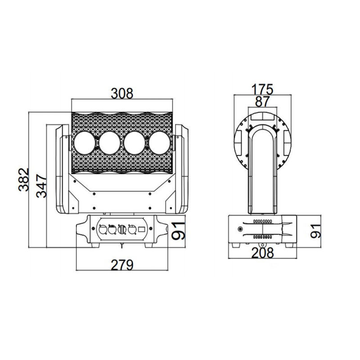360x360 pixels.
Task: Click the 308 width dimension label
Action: tap(122, 94)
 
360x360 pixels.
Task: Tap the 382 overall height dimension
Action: tap(24, 180)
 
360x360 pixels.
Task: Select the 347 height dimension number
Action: tap(41, 186)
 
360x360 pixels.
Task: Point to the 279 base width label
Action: tap(122, 265)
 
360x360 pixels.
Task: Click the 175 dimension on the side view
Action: tap(262, 89)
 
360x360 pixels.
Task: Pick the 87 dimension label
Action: tap(262, 102)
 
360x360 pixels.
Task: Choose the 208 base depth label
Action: tap(263, 253)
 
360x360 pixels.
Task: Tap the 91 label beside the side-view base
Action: tap(316, 231)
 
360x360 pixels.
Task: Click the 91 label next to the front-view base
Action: tap(179, 231)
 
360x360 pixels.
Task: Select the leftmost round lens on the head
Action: tap(85, 143)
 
